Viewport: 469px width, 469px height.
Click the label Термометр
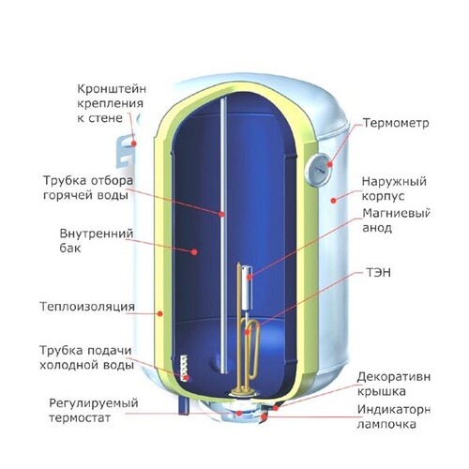[396, 123]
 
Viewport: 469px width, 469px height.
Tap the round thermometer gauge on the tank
[318, 170]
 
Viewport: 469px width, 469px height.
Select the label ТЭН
[378, 273]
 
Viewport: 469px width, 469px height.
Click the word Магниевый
[396, 214]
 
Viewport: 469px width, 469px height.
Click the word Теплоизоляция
[87, 307]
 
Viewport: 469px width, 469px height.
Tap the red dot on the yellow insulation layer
[160, 313]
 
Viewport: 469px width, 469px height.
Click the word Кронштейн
[112, 90]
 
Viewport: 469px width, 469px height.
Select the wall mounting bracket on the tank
[125, 151]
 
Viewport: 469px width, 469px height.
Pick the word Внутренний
[97, 234]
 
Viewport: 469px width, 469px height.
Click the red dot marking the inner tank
[194, 251]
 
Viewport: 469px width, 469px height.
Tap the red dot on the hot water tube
[221, 214]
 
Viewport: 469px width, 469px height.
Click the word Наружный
[394, 182]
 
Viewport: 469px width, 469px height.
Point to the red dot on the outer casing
[334, 201]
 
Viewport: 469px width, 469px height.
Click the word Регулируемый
[94, 403]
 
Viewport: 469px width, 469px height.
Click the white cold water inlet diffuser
[184, 368]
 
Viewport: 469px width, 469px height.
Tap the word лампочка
[386, 424]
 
